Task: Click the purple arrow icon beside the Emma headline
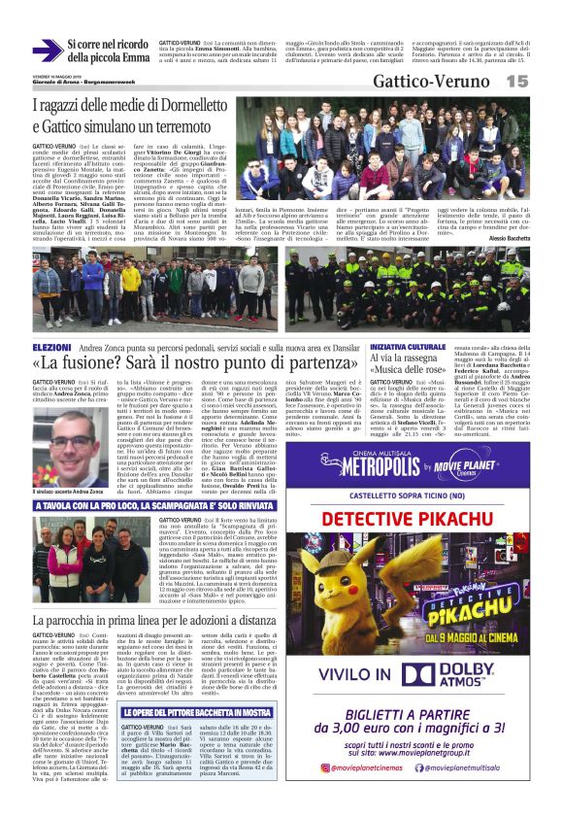point(46,51)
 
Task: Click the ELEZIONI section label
point(51,346)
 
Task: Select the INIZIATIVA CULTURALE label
point(409,347)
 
